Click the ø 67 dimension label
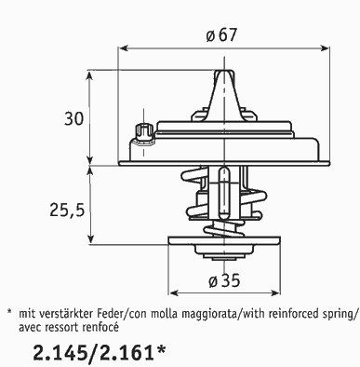[221, 35]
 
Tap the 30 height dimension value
[74, 118]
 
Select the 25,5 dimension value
[67, 211]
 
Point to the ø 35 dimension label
[224, 280]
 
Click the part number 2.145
[59, 353]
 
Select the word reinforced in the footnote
[293, 314]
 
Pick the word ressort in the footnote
[64, 328]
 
